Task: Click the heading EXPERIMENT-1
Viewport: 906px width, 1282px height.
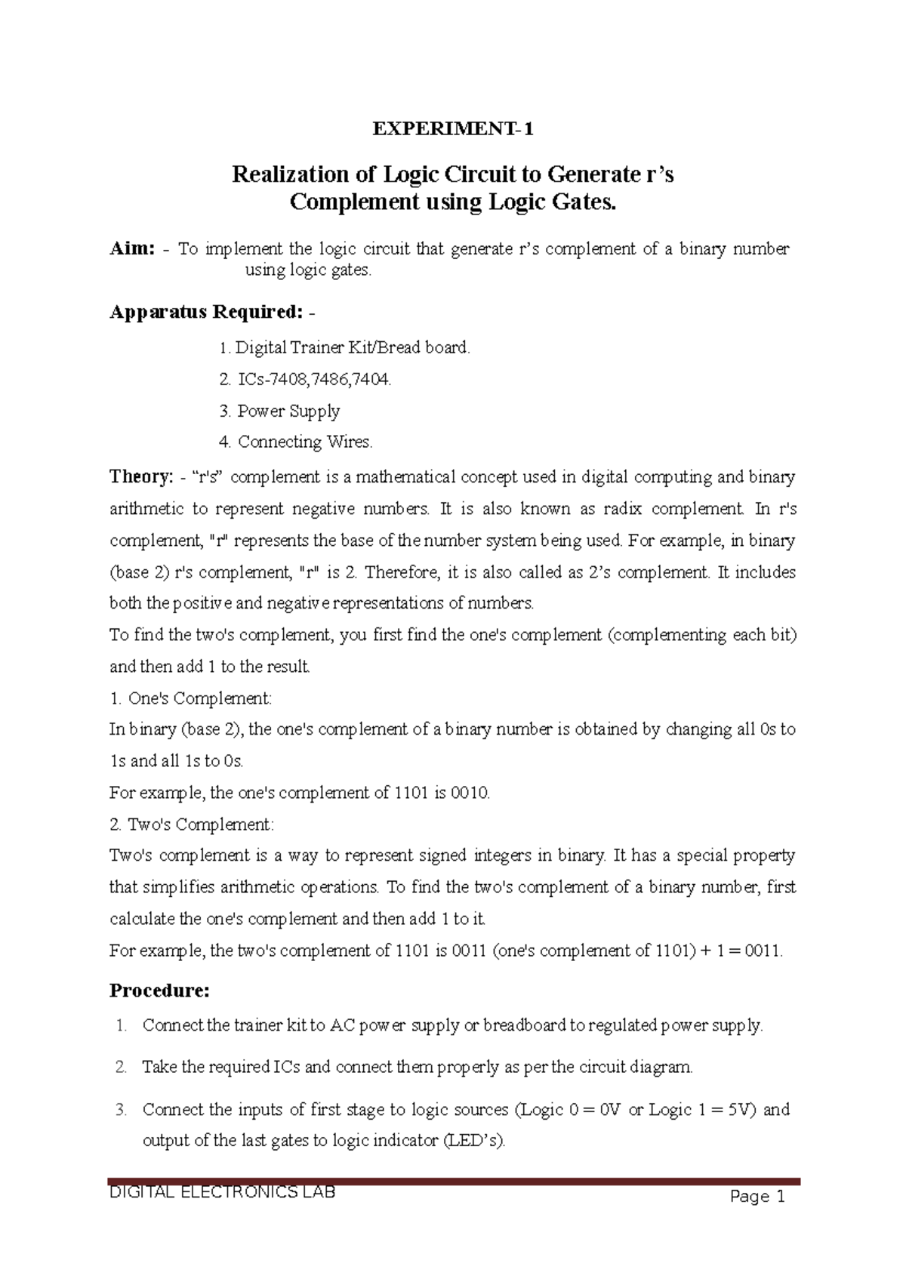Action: [453, 130]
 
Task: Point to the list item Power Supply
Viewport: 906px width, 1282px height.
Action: [288, 411]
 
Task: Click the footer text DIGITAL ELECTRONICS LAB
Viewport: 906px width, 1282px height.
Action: [223, 1194]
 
